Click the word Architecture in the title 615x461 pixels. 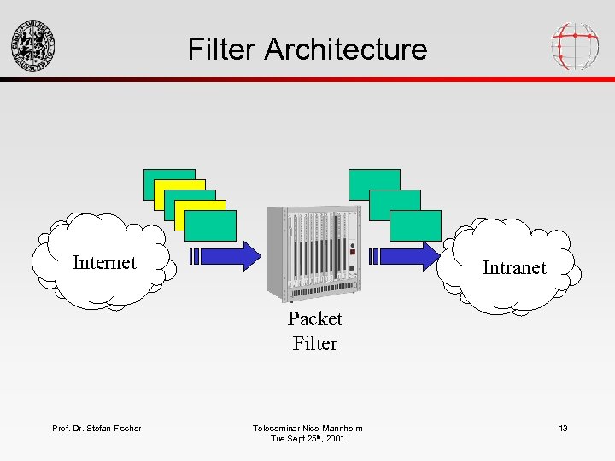(x=345, y=49)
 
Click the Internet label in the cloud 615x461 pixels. (x=104, y=262)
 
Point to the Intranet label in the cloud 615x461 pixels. (x=514, y=267)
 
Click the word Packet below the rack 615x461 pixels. (x=314, y=318)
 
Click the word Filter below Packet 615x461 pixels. (x=314, y=344)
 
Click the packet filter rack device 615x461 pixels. (x=315, y=254)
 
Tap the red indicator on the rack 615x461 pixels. (x=351, y=252)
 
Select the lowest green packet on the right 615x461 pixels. (x=416, y=225)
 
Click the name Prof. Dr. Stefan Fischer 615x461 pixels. (x=97, y=428)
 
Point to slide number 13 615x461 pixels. (x=563, y=428)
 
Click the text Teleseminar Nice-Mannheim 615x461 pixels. (x=307, y=428)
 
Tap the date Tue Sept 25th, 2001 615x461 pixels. (x=307, y=439)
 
